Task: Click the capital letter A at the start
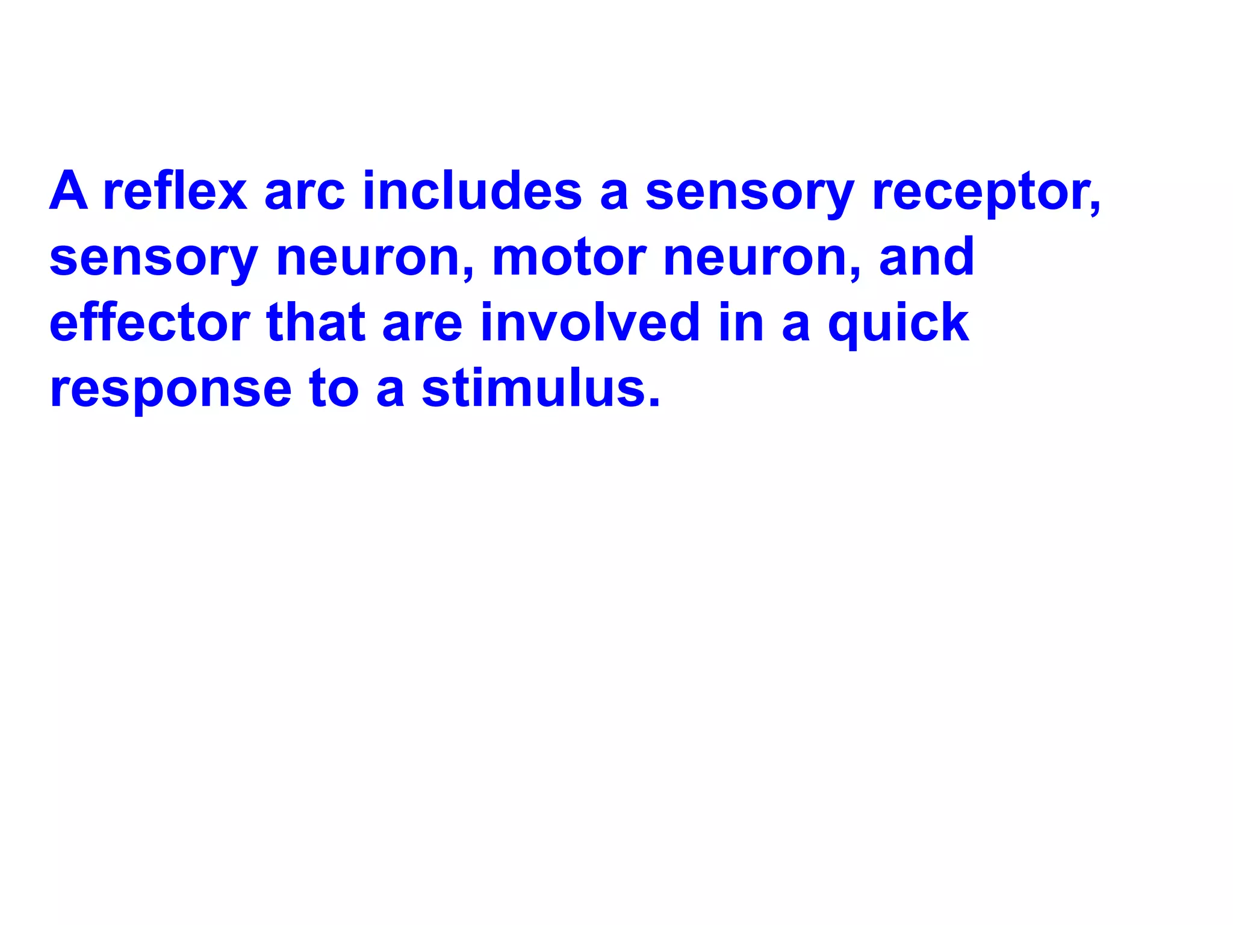coord(69,191)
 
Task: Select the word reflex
coord(175,191)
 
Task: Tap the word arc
coord(305,192)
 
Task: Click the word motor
coord(569,257)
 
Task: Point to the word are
coord(423,323)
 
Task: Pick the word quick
coord(898,324)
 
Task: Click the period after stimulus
coord(655,402)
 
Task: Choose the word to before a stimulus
coord(334,388)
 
